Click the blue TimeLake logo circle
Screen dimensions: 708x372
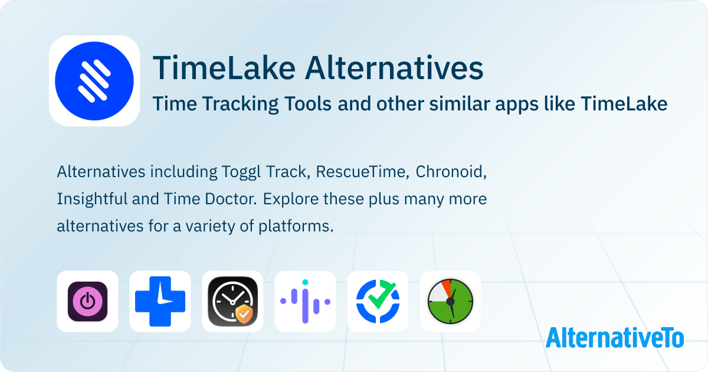click(94, 81)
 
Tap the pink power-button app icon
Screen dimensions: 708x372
click(87, 302)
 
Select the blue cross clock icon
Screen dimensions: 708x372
click(160, 302)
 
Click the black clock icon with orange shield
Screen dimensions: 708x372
click(232, 302)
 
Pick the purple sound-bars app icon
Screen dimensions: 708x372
click(306, 302)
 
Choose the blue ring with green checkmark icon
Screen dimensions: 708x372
click(378, 302)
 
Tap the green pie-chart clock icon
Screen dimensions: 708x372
click(450, 302)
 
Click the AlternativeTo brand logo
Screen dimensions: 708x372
click(615, 337)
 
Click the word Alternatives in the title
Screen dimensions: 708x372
click(394, 68)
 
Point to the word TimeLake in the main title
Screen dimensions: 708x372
click(224, 68)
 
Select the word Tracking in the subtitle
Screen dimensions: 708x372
click(240, 104)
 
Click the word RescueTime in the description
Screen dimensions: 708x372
click(360, 172)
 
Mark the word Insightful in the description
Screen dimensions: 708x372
click(91, 200)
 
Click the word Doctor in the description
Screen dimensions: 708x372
click(231, 199)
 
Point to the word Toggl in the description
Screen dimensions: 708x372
click(241, 172)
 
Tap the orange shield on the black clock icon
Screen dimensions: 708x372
click(244, 314)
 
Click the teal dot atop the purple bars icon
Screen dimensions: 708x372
click(305, 282)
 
